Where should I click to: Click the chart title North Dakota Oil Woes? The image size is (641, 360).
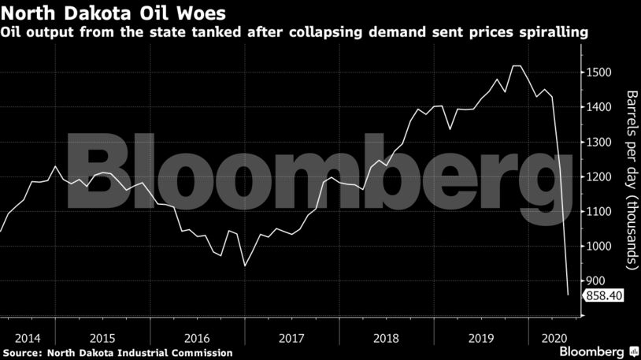tap(105, 13)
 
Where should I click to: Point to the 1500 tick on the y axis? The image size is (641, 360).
tap(601, 72)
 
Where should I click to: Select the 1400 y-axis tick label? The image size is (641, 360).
tap(601, 107)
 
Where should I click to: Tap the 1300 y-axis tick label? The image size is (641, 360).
tap(601, 142)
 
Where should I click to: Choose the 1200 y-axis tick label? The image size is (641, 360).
tap(601, 177)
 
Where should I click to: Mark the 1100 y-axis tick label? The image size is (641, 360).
tap(601, 212)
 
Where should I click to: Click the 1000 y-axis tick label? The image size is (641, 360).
tap(601, 247)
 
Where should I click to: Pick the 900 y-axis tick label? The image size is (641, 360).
tap(598, 281)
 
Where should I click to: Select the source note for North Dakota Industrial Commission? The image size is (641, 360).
tap(117, 352)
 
